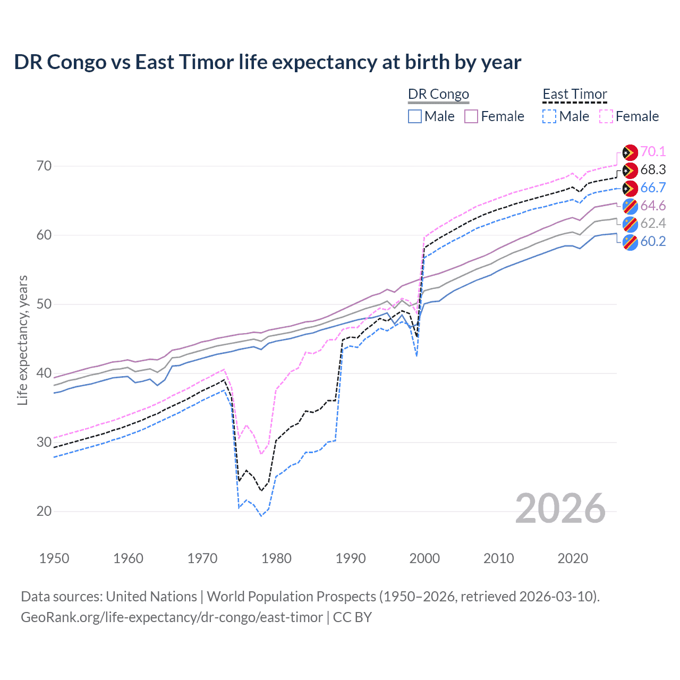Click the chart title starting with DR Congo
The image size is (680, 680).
point(267,62)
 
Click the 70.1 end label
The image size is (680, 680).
point(653,151)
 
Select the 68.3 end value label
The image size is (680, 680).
point(653,169)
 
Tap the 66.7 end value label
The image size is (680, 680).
point(653,188)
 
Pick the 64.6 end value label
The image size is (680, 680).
point(653,206)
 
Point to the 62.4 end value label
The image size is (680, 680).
point(653,223)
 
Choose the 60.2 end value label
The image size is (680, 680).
point(653,241)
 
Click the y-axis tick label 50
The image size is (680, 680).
point(44,304)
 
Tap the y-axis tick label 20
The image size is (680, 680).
point(44,511)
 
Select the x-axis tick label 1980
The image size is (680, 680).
point(276,558)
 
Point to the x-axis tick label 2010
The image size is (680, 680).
point(498,558)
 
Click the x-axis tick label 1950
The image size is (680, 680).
point(54,558)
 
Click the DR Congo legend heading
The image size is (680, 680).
point(438,94)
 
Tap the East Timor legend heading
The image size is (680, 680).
point(574,94)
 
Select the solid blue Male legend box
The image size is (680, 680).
point(415,116)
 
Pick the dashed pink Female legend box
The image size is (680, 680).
point(606,116)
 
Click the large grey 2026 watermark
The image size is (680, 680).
point(560,508)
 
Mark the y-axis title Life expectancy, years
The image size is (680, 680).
point(22,340)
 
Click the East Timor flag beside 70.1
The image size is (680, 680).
point(630,152)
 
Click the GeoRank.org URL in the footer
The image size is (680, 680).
point(172,617)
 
